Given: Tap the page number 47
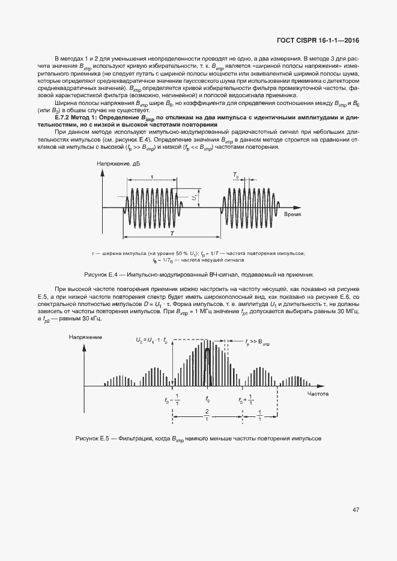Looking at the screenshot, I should click(356, 510).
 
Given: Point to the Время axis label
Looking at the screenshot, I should click(292, 214).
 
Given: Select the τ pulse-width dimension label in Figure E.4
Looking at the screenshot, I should click(152, 177).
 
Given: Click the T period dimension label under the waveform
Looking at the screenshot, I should click(172, 233).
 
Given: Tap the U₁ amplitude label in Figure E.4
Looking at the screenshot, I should click(194, 196).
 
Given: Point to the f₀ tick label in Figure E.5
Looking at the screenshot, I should click(208, 399).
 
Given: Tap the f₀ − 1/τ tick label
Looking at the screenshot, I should click(171, 400).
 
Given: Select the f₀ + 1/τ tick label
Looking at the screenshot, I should click(246, 400).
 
